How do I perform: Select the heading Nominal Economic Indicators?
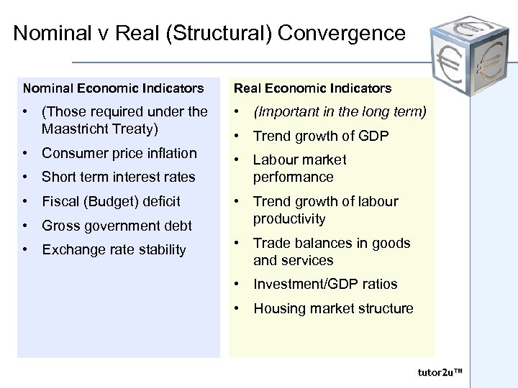coord(113,88)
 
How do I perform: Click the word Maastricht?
coord(81,129)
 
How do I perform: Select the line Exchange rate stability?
coord(114,249)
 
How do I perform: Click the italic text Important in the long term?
coord(340,111)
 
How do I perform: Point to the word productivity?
coord(289,218)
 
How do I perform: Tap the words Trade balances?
coord(302,243)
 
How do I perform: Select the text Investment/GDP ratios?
coord(325,285)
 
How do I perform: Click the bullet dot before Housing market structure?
coord(238,309)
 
